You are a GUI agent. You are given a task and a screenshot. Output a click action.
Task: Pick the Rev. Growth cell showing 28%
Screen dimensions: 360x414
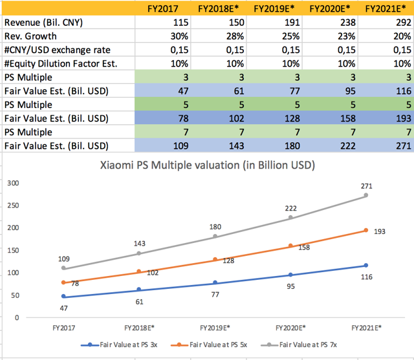click(x=221, y=36)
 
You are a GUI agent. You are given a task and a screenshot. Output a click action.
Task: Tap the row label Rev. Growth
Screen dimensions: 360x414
click(x=30, y=36)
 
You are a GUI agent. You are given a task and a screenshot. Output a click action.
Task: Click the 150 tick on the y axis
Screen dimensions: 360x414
click(x=12, y=250)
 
